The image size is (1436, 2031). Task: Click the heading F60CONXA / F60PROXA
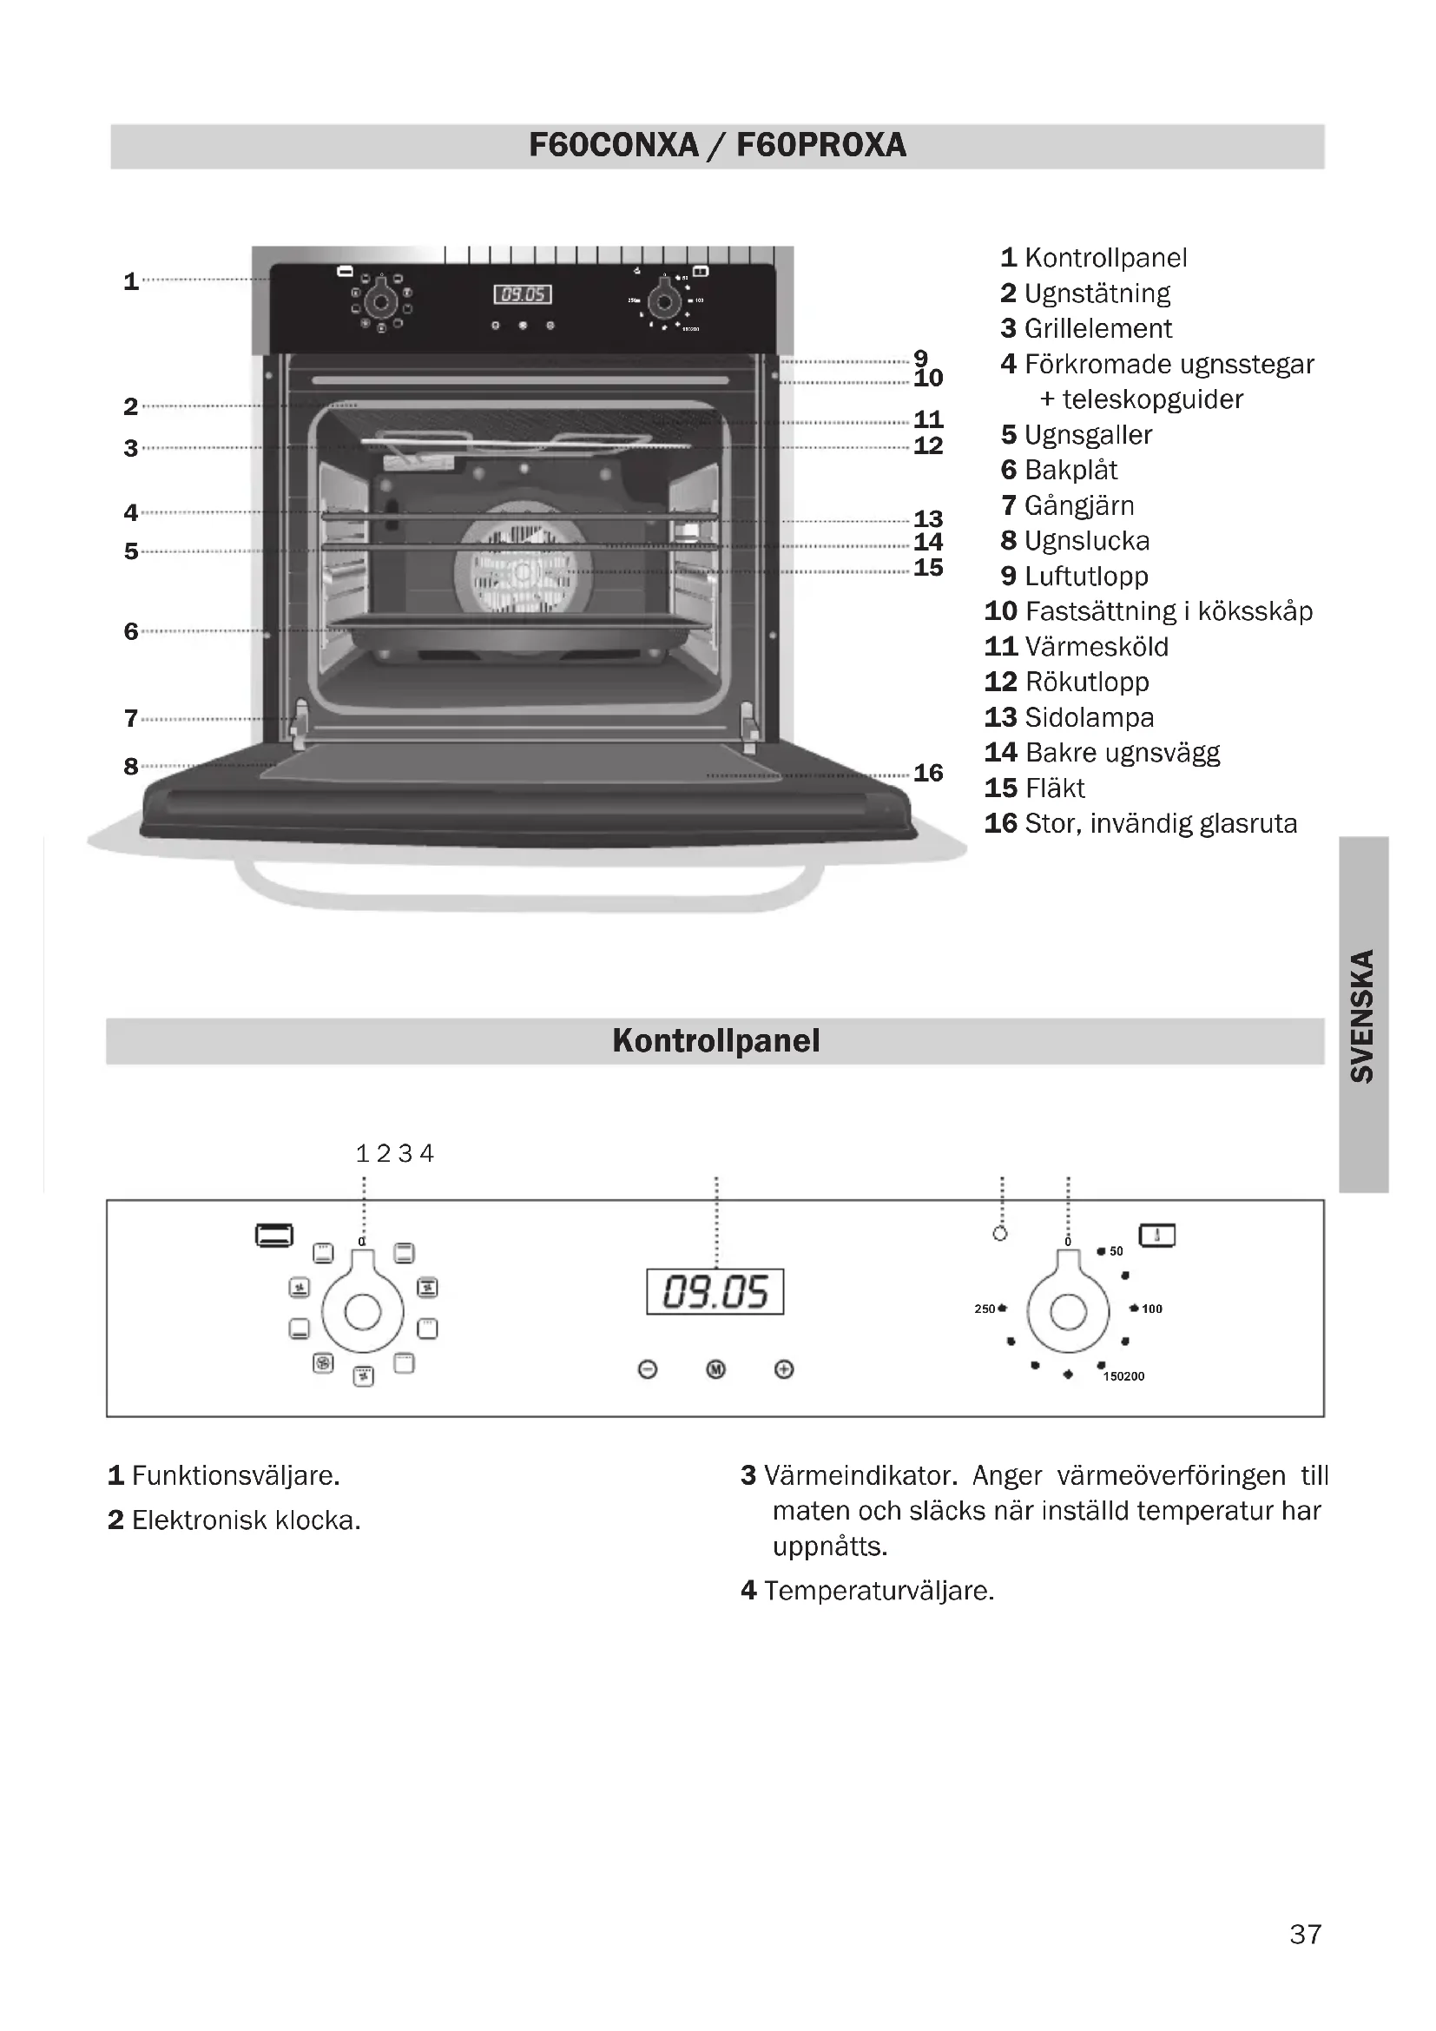click(x=717, y=145)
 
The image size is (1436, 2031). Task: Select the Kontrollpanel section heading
click(x=715, y=1040)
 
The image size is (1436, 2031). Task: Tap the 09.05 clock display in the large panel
click(x=715, y=1291)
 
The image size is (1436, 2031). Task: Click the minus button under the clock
click(x=648, y=1369)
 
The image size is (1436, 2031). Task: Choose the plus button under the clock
click(x=783, y=1369)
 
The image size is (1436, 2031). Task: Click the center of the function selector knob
click(x=363, y=1311)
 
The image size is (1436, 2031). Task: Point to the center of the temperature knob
click(x=1067, y=1311)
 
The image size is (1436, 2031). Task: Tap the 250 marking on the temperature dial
click(x=985, y=1309)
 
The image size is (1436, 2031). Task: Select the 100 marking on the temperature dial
click(x=1151, y=1309)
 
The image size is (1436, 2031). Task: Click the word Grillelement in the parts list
click(x=1097, y=328)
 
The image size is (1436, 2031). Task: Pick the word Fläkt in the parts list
click(x=1054, y=788)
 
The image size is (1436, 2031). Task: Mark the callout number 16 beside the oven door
click(x=927, y=772)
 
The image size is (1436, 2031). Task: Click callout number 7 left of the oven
click(x=131, y=717)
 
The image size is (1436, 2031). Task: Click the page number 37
click(x=1305, y=1934)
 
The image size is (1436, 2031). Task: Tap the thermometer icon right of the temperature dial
click(x=1156, y=1235)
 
